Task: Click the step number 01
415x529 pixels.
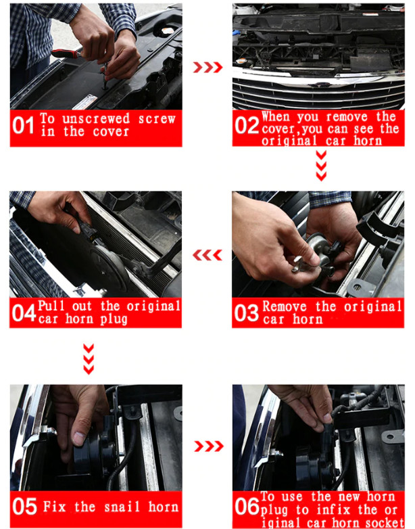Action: point(23,126)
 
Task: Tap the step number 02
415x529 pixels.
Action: point(247,126)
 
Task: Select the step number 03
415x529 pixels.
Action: point(246,313)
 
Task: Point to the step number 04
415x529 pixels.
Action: point(24,313)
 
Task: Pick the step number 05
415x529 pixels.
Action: point(24,507)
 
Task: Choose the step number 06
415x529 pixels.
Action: point(247,507)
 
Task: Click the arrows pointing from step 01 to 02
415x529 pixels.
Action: point(207,68)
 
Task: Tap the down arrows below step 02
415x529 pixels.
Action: point(321,166)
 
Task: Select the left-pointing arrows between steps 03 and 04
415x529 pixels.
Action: point(207,255)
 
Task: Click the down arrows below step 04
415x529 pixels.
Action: point(89,359)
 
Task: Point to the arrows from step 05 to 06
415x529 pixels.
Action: point(209,446)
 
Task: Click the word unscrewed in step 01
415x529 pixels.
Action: point(96,118)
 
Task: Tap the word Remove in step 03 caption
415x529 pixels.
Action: point(285,306)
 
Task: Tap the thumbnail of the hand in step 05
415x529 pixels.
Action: point(79,438)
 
